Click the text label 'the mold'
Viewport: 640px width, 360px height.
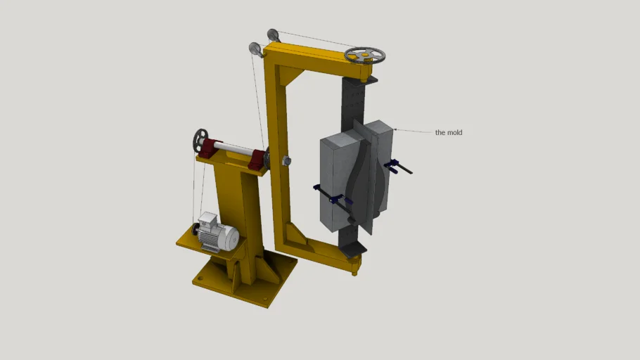[x=449, y=132]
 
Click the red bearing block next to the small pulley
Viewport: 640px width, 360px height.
[x=211, y=148]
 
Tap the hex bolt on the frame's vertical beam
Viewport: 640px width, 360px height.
[x=286, y=161]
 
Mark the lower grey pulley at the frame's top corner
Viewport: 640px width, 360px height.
[x=255, y=49]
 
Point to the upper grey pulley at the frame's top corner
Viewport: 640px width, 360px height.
[x=273, y=34]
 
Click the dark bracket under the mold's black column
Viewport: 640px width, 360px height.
[x=354, y=247]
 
